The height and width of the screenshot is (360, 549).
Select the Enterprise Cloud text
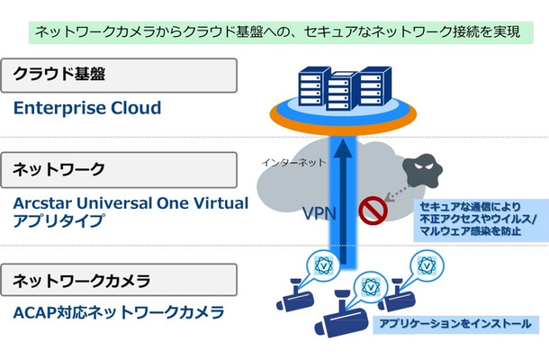tap(87, 109)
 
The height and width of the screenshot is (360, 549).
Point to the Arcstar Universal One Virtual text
tap(130, 203)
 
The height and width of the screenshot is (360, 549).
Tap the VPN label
tap(319, 213)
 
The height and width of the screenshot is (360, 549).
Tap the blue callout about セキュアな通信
tap(476, 220)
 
